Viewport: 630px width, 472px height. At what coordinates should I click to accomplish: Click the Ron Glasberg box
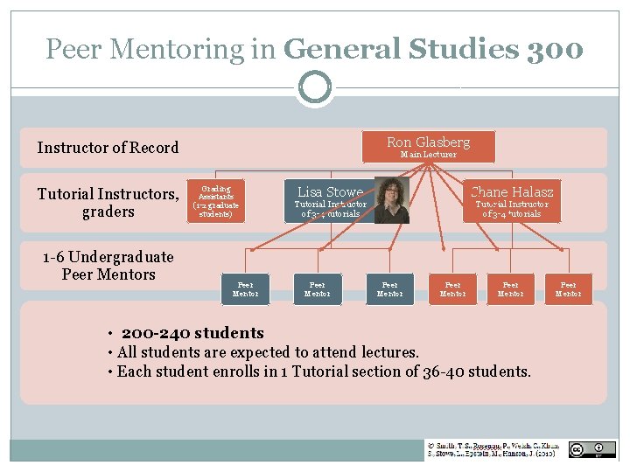(x=428, y=146)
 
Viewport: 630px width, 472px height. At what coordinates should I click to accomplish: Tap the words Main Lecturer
(x=428, y=155)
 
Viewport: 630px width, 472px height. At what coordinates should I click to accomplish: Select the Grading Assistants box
(x=215, y=200)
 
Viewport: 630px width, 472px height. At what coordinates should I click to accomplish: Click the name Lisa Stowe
(x=330, y=192)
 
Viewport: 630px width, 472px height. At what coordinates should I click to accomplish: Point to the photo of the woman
(x=391, y=200)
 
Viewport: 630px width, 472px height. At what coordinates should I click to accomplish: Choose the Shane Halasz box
(x=511, y=201)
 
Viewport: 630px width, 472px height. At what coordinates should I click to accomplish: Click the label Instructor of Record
(x=108, y=148)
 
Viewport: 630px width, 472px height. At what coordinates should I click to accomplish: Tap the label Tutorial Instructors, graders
(x=108, y=202)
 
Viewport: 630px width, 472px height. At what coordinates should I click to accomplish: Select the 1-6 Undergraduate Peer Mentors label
(x=108, y=266)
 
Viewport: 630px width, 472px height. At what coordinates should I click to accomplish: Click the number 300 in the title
(x=555, y=49)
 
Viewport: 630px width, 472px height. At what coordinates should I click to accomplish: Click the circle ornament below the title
(x=314, y=87)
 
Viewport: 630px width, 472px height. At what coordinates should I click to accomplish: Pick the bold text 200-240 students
(x=192, y=333)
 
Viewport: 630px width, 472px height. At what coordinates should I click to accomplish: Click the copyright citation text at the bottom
(x=493, y=449)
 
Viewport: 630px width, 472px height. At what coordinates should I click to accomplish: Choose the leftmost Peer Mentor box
(x=245, y=289)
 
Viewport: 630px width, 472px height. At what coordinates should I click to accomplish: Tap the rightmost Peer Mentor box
(x=568, y=289)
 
